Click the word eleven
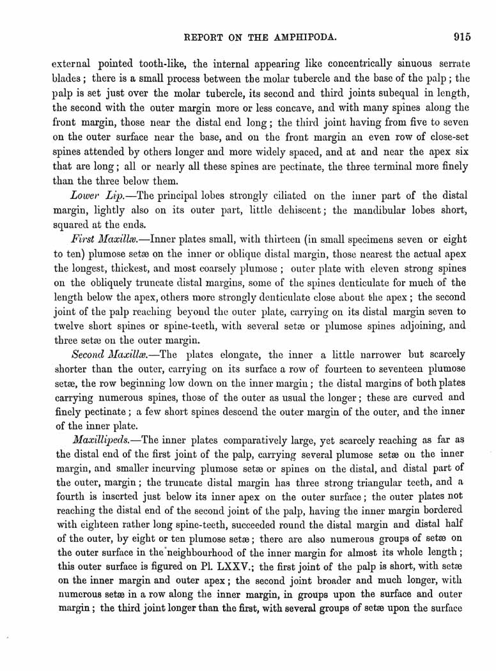click(x=355, y=269)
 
